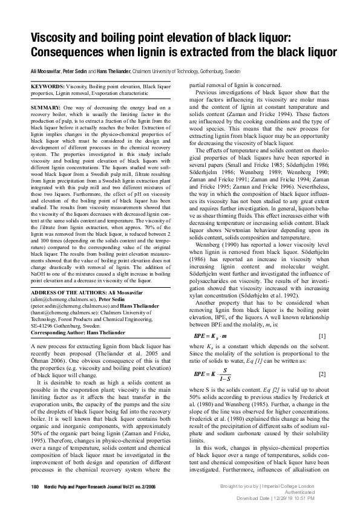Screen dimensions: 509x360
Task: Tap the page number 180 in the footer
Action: pos(33,487)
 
